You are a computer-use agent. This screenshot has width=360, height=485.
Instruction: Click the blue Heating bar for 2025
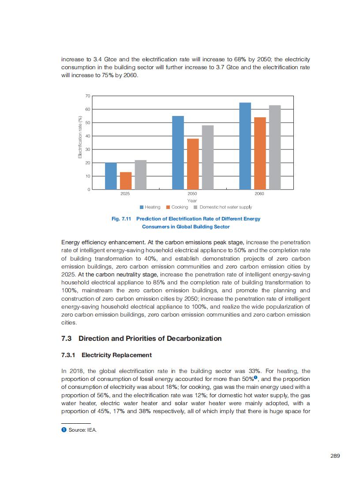pos(111,176)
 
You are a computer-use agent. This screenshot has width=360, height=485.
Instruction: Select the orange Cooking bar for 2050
pos(193,164)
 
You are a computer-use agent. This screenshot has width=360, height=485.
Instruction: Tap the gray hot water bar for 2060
pos(275,147)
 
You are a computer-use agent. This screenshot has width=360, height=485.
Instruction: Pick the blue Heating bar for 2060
pos(245,146)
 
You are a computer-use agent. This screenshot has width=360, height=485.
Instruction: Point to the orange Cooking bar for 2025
pos(126,181)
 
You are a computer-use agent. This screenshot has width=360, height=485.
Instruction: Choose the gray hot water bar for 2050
pos(208,157)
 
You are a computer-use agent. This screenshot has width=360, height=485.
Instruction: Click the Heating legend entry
pos(150,207)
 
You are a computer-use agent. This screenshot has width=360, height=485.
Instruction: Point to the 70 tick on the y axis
pos(87,96)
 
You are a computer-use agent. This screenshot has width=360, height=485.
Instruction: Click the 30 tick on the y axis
pos(87,149)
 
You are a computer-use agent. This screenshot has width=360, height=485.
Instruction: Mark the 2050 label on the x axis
pos(192,194)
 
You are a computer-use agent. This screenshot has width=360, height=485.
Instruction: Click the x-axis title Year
pos(192,201)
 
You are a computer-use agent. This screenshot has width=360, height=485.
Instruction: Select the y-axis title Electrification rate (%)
pos(80,137)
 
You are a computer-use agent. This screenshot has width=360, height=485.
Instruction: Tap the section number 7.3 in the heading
pos(67,339)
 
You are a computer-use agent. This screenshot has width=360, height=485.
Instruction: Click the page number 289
pos(335,456)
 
